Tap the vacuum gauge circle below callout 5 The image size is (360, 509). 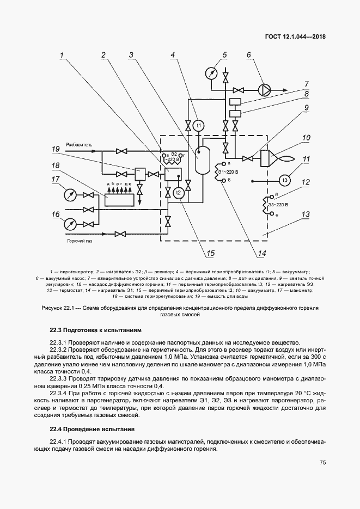[211, 72]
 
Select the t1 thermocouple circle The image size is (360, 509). [199, 126]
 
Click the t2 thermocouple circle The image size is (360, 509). [179, 192]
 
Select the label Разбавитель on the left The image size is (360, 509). [80, 144]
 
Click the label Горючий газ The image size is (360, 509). [79, 240]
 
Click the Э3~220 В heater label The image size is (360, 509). [278, 204]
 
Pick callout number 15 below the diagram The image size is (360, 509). [210, 253]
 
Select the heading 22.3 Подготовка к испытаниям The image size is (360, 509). [95, 330]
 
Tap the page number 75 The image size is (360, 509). [322, 463]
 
